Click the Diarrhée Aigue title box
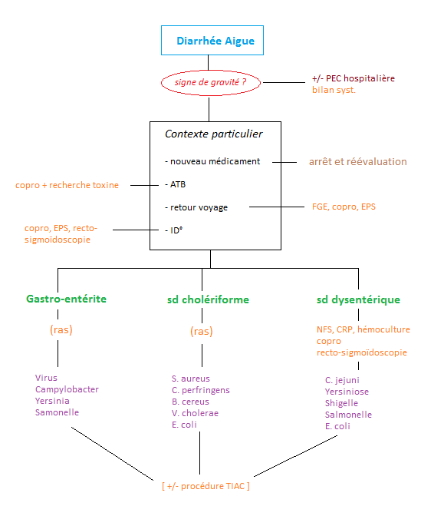tap(212, 41)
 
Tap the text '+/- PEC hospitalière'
tap(354, 78)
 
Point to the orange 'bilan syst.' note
tap(334, 90)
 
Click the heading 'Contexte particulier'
tap(214, 134)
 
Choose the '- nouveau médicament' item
tap(212, 161)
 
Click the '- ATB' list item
tap(176, 184)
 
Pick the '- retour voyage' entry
tap(196, 207)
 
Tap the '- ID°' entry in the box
tap(173, 230)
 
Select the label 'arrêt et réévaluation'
tap(357, 162)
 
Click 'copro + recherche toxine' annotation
tap(67, 185)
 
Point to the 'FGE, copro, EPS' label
tap(344, 207)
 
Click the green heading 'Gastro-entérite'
tap(67, 299)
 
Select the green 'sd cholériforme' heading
tap(208, 299)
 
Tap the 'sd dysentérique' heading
tap(358, 299)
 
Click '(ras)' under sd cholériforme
tap(202, 331)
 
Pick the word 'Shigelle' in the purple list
tap(341, 403)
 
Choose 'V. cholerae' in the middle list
tap(195, 413)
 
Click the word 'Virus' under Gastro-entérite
tap(46, 378)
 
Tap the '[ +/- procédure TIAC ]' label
tap(206, 486)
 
